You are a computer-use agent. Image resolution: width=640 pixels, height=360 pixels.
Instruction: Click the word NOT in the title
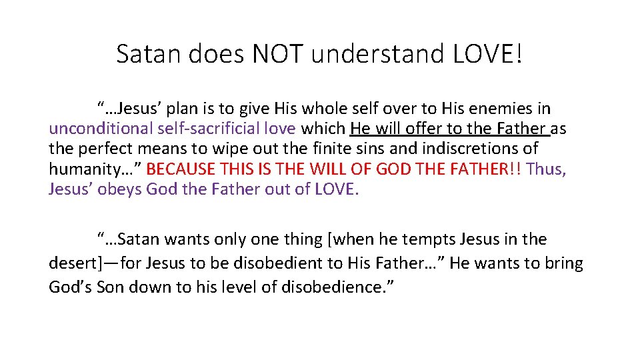click(x=278, y=54)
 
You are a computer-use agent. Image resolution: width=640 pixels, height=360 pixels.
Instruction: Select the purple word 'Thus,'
click(x=546, y=169)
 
